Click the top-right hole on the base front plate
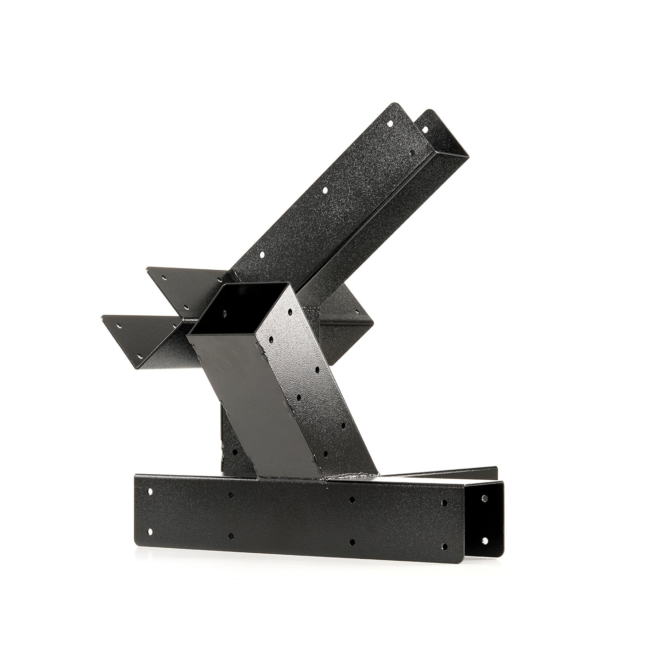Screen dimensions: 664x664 444,503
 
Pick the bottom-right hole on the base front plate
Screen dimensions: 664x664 444,546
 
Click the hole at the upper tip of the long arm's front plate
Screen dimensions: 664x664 391,124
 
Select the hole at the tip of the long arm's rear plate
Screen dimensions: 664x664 425,130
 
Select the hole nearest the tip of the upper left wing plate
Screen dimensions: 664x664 163,277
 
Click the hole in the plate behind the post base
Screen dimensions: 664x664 235,452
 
